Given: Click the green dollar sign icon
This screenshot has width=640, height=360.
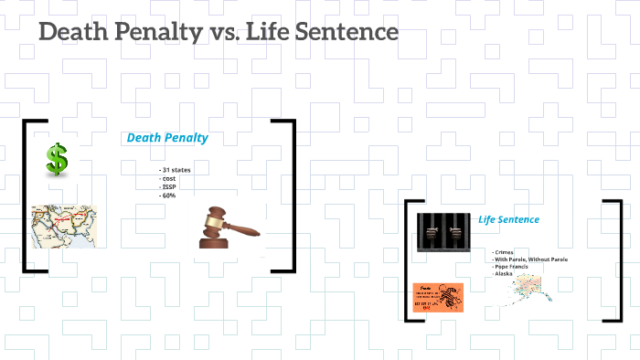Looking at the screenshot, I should tap(58, 162).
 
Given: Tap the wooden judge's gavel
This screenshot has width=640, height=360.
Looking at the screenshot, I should tap(223, 229).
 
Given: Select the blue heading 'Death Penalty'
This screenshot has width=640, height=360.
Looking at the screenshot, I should tap(167, 138).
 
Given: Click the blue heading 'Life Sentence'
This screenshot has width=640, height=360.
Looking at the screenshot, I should tap(508, 219).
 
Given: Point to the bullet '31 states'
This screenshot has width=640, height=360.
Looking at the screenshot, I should tap(176, 171).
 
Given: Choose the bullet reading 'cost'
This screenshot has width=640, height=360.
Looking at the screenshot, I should tap(168, 179).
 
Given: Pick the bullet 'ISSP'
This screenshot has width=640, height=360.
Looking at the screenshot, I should tap(168, 187).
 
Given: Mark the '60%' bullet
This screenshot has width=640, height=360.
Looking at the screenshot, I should tap(168, 196).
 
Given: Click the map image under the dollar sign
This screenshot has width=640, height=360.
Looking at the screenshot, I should tap(63, 226).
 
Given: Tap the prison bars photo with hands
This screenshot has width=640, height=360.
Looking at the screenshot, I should tap(443, 232).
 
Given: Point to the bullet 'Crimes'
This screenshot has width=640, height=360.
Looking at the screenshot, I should tap(503, 252).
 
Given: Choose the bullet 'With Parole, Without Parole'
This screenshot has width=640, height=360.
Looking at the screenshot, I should tap(529, 259).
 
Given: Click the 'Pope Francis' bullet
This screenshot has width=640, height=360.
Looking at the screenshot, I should tap(512, 267).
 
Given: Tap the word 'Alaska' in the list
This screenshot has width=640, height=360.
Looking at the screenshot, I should tap(504, 274).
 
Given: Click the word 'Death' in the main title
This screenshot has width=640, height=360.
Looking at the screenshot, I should tap(72, 33).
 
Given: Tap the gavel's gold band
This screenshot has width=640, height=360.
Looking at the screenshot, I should tap(214, 222).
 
